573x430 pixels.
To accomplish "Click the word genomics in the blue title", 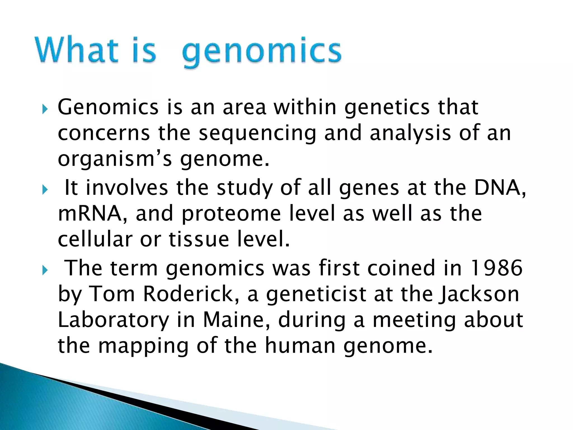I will pyautogui.click(x=262, y=52).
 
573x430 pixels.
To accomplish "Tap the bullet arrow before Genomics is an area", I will pyautogui.click(x=45, y=109).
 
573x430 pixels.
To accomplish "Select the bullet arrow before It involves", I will pyautogui.click(x=45, y=190).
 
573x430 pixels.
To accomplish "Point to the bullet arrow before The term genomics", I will pyautogui.click(x=45, y=271).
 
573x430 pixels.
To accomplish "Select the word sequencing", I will pyautogui.click(x=257, y=134).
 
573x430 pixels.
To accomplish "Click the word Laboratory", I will pyautogui.click(x=114, y=320).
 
